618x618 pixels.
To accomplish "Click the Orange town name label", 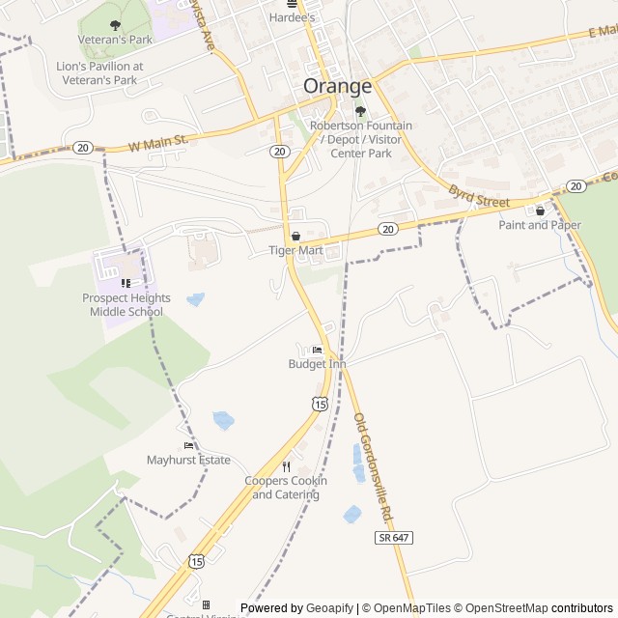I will click(x=337, y=85).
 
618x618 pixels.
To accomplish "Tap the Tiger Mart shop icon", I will click(x=295, y=236).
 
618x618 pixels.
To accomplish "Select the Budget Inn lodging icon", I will click(x=317, y=350).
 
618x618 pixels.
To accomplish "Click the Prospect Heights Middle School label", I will click(x=123, y=305).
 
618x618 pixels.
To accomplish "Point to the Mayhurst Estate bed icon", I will click(x=188, y=445).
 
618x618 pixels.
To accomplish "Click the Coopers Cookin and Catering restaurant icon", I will click(x=286, y=466).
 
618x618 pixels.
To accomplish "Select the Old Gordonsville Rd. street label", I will click(x=377, y=467).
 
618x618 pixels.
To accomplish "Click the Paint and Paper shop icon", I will click(x=540, y=210).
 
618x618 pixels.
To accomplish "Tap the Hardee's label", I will click(x=293, y=17).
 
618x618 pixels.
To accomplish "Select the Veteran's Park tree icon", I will click(x=116, y=25).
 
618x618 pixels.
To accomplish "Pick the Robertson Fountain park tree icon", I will click(x=360, y=111).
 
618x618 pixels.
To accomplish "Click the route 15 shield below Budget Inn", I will click(x=319, y=403).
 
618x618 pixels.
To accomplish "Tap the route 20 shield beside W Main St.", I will click(x=82, y=148).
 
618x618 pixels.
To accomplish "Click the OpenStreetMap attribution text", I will click(x=502, y=608).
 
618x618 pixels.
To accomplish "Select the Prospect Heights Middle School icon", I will click(x=125, y=283).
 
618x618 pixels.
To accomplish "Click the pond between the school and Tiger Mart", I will click(x=196, y=299).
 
